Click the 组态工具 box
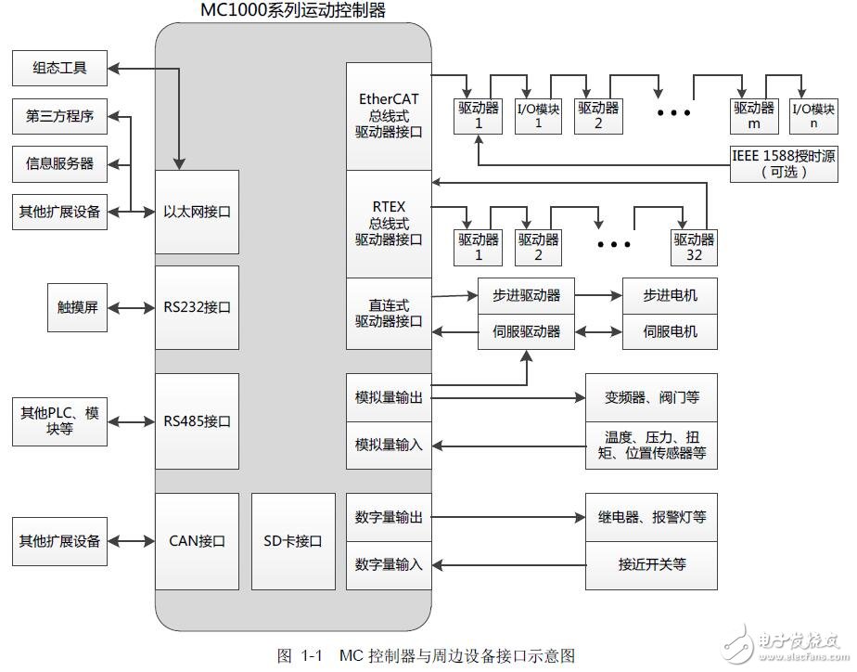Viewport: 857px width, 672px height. [59, 69]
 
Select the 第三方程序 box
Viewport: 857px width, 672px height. [59, 116]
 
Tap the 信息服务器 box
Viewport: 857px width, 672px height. [59, 163]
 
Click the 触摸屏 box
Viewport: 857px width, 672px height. [78, 307]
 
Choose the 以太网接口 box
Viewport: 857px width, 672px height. [197, 212]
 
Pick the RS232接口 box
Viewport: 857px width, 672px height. [197, 307]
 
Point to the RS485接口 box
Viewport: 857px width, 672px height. [197, 421]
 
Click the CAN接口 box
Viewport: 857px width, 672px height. [197, 541]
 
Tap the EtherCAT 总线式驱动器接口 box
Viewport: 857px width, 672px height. [390, 116]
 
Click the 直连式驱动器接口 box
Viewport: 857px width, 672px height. [390, 313]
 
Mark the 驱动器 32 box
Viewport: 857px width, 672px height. [695, 246]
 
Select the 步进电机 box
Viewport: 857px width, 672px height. [670, 296]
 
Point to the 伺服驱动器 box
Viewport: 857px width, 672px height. [525, 331]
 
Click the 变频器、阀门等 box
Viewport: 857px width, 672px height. [651, 397]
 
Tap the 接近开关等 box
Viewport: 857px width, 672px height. [651, 564]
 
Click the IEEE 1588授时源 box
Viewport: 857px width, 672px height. [783, 163]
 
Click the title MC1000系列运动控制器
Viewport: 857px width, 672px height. [292, 10]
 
